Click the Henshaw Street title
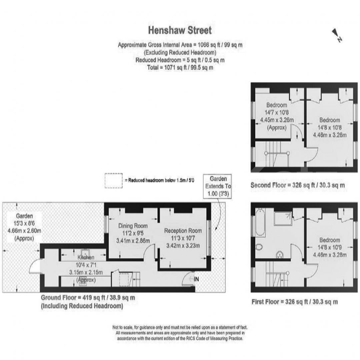click(x=180, y=30)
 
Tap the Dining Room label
click(x=133, y=226)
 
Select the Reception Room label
click(x=183, y=231)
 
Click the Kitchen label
click(x=86, y=257)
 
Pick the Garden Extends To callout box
click(x=218, y=186)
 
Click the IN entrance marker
click(x=196, y=279)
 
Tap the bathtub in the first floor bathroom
click(x=260, y=222)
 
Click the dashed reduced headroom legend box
click(x=114, y=181)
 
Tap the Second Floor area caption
click(x=298, y=185)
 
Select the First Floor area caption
click(x=295, y=301)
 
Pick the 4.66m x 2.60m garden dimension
click(x=24, y=231)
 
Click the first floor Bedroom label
click(x=330, y=240)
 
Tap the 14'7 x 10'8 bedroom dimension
click(x=277, y=113)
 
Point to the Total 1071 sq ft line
click(x=180, y=67)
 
